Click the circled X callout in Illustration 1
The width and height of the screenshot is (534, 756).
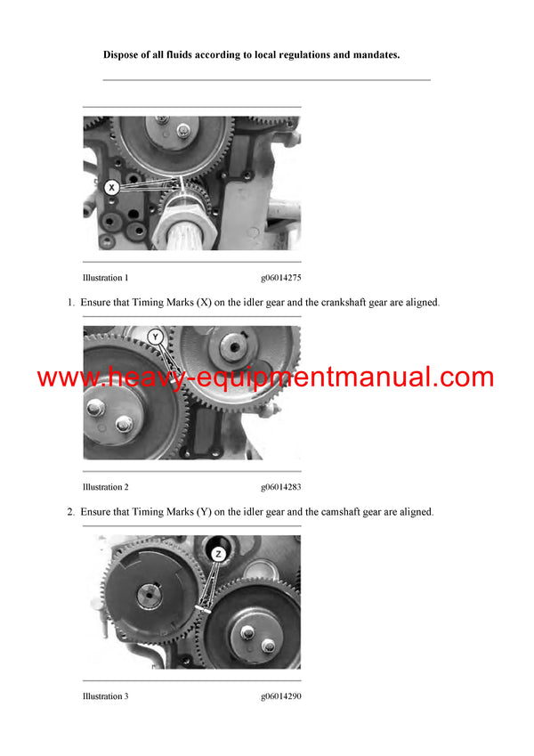click(111, 188)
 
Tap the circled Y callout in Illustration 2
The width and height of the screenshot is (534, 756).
click(156, 337)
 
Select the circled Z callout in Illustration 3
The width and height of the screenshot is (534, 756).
click(219, 554)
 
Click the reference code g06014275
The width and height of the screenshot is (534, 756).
click(280, 278)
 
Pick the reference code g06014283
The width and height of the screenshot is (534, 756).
click(280, 487)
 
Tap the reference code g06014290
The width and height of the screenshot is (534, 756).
click(280, 696)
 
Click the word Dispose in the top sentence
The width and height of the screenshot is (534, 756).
click(122, 55)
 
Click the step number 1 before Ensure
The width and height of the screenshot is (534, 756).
click(71, 303)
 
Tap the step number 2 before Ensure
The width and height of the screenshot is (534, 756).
click(71, 512)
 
